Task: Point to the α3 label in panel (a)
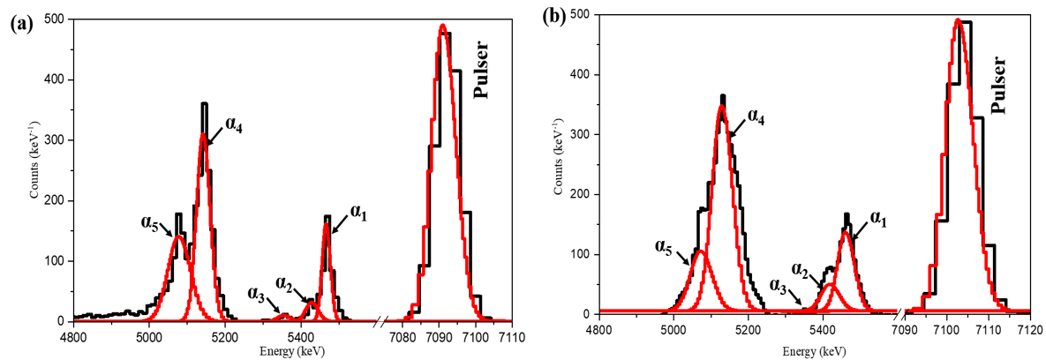click(261, 296)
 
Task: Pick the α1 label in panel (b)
click(880, 216)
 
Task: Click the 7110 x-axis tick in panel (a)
click(512, 337)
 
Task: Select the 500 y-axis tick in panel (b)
click(583, 15)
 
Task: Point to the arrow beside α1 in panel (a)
click(339, 224)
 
